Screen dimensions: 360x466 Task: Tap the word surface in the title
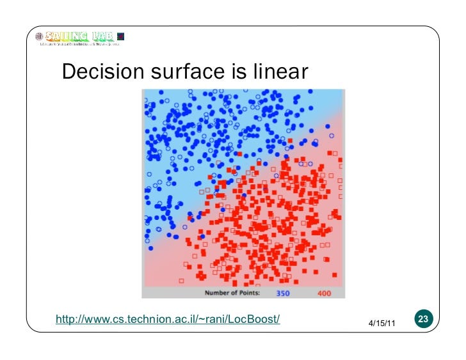(190, 73)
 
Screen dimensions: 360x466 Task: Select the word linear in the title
(280, 73)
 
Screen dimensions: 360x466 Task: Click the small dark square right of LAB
(122, 36)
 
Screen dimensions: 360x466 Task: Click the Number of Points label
(232, 293)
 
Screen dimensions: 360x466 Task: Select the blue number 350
(284, 293)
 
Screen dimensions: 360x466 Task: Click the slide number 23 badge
(423, 319)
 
